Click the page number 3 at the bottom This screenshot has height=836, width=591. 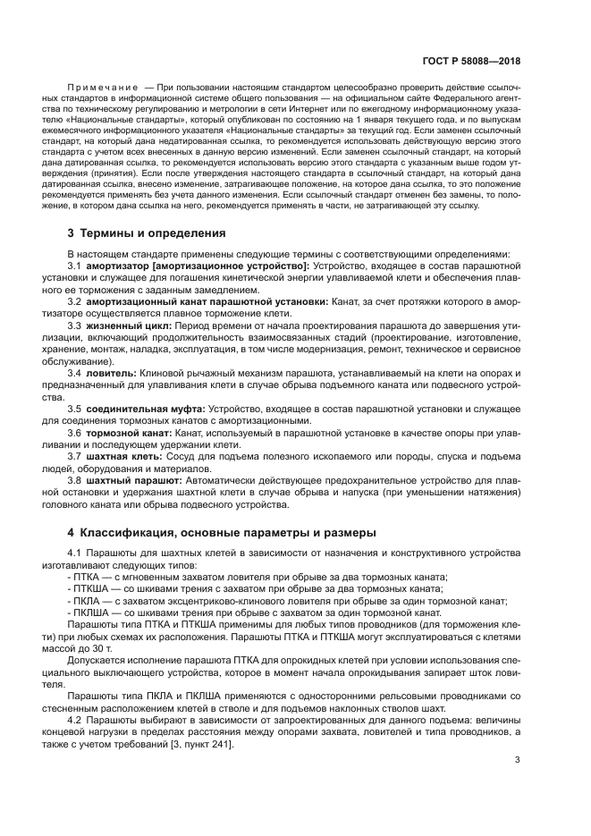pos(518,760)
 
